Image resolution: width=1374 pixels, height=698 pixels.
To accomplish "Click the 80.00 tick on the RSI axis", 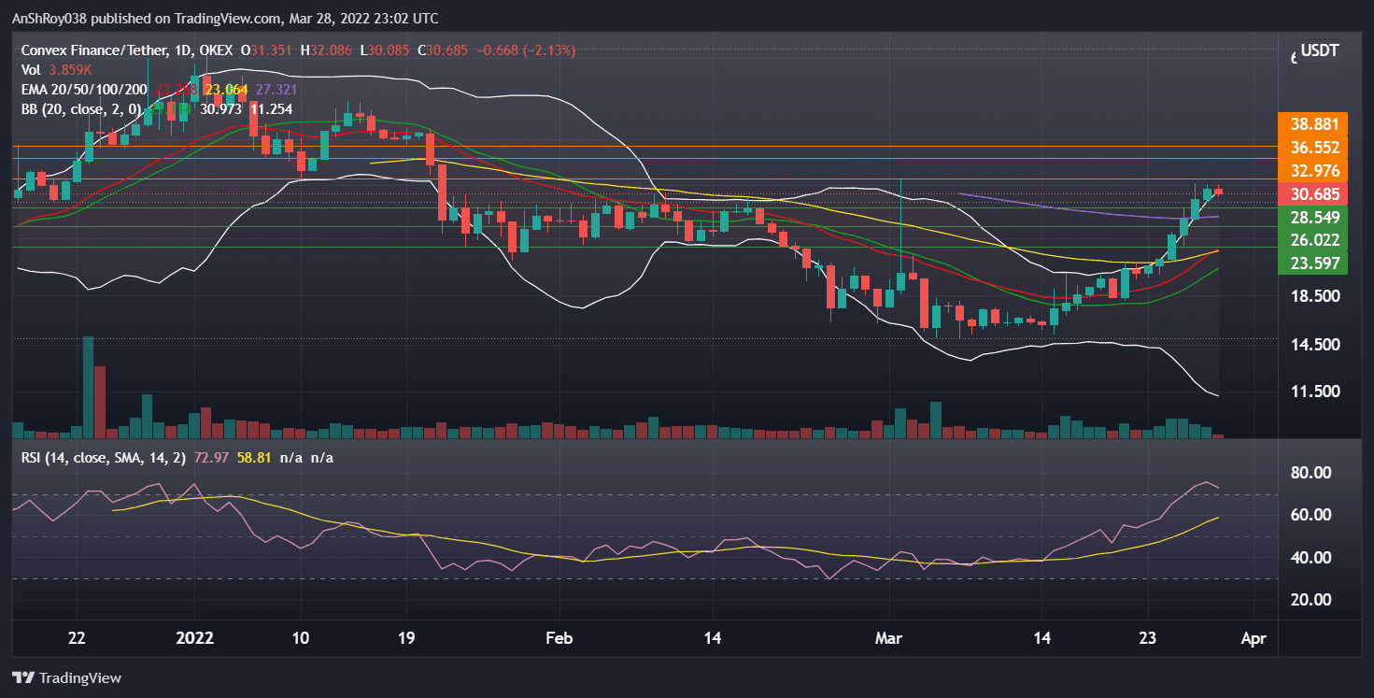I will click(1312, 473).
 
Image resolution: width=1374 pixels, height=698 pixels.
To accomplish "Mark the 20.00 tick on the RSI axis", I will click(1312, 600).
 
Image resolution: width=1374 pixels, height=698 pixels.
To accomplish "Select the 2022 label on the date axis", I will click(195, 639).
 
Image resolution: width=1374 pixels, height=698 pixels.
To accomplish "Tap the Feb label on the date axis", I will click(558, 639).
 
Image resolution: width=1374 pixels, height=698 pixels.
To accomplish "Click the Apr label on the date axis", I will click(1253, 639).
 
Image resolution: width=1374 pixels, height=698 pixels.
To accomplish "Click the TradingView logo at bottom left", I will click(66, 677).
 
